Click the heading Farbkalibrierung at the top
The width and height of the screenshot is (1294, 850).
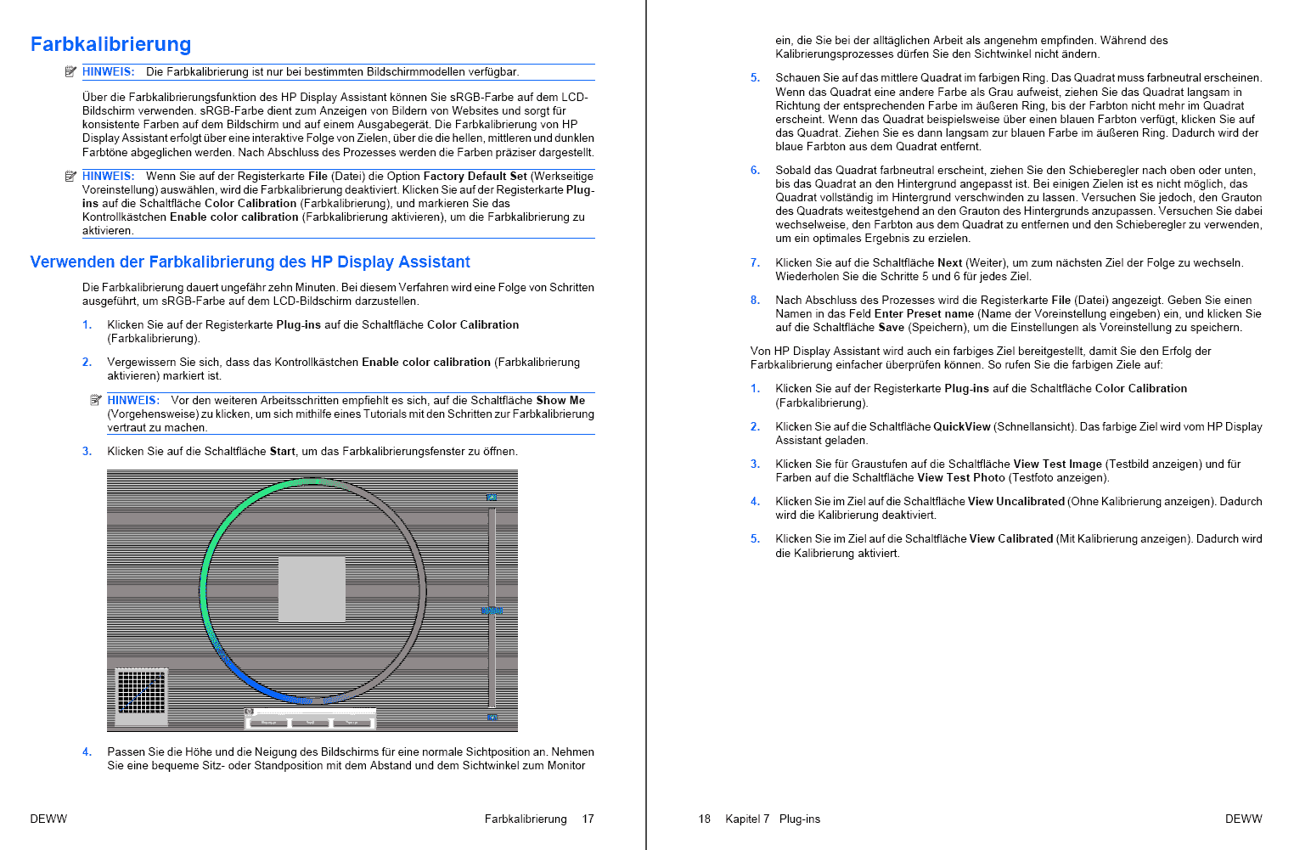[110, 44]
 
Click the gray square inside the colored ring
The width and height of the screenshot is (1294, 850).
[312, 589]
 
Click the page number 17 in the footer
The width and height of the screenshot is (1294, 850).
[588, 819]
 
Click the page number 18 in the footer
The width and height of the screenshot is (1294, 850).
[704, 819]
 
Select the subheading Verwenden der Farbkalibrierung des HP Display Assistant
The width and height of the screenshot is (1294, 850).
[250, 262]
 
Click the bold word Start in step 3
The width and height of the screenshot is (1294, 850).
[282, 451]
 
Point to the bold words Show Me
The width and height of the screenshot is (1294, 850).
[560, 400]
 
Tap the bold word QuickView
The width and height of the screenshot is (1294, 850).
[961, 426]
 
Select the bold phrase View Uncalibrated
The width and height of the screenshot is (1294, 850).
[1016, 501]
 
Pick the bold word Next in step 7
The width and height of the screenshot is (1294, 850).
[949, 262]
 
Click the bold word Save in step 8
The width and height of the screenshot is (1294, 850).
[891, 327]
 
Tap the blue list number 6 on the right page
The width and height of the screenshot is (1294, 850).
[754, 170]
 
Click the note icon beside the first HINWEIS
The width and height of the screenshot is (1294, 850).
[70, 71]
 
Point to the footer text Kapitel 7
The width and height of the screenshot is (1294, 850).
[747, 819]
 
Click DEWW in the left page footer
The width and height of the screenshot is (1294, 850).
[48, 819]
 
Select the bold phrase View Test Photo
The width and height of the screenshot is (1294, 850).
[960, 477]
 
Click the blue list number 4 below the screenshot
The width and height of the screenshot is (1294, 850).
[86, 751]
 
